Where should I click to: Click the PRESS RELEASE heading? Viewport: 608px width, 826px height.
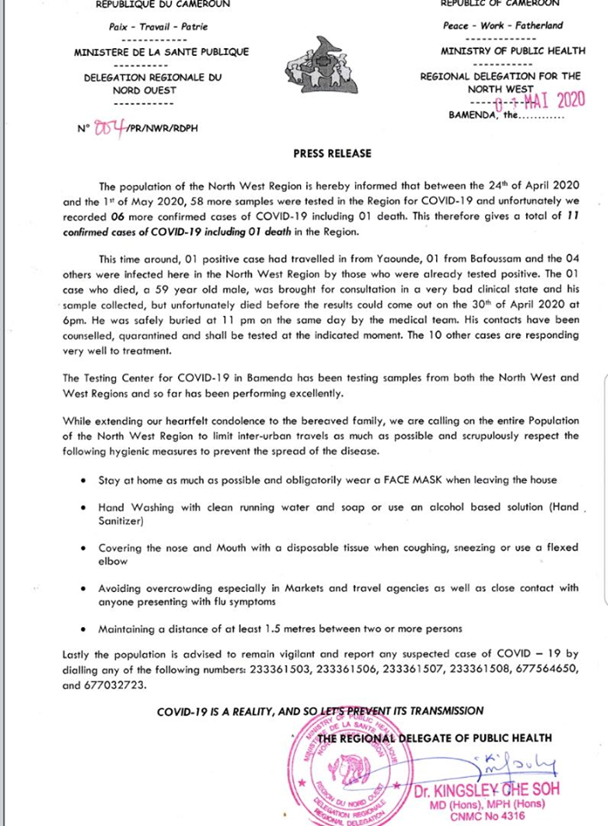click(x=333, y=153)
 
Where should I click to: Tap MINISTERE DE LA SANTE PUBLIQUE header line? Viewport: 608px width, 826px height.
click(x=162, y=52)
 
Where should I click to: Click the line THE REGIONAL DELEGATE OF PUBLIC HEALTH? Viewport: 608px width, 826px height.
click(x=434, y=737)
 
